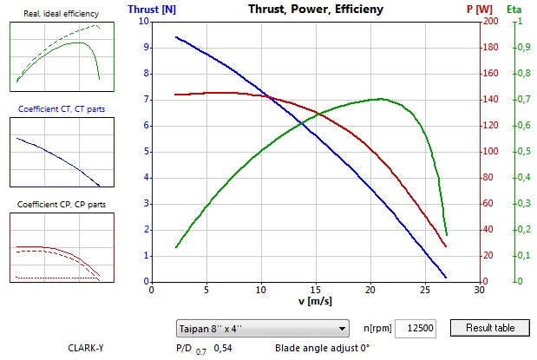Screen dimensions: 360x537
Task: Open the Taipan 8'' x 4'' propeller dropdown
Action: [260, 328]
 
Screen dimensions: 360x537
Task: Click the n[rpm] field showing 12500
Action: [419, 327]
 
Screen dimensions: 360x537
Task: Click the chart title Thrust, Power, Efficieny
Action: [316, 10]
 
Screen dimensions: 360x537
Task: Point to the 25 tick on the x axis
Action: [424, 290]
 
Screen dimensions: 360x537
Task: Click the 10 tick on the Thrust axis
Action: [144, 22]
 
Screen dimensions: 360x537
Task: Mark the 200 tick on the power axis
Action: [490, 22]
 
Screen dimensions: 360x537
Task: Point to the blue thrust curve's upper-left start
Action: [176, 37]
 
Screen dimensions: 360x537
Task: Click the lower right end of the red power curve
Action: [446, 246]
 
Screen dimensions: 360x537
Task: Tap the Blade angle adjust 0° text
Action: [322, 348]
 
